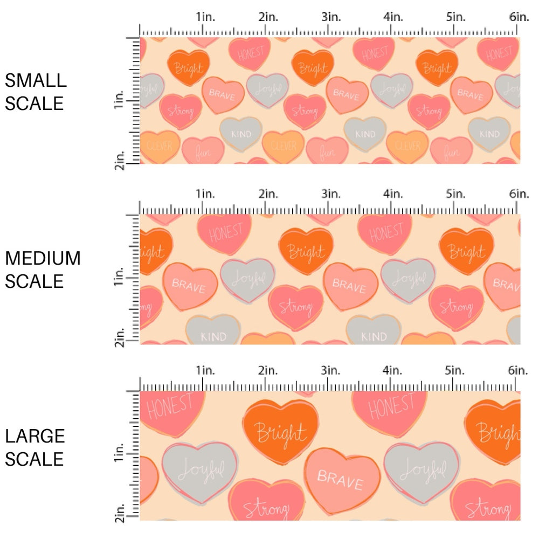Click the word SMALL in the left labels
[36, 80]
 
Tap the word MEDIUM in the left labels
[43, 258]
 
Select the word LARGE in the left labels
[35, 436]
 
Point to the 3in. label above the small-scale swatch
[330, 17]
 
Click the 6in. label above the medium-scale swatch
[519, 194]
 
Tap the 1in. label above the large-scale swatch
[205, 370]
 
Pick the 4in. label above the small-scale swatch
[393, 17]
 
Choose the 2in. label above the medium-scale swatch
[267, 194]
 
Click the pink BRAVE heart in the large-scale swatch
[340, 479]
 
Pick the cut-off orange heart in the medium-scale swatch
[155, 251]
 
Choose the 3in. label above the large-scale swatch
[330, 370]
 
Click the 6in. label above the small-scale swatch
[519, 17]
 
